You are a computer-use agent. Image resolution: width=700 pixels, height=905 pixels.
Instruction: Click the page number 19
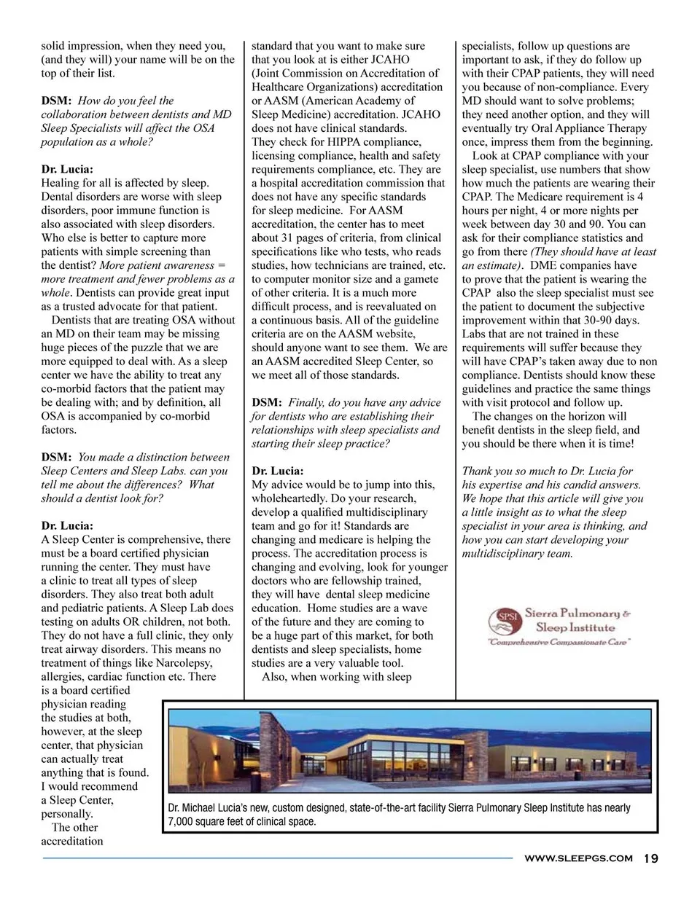click(650, 858)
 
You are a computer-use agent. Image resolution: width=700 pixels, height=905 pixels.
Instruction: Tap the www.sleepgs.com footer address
click(578, 858)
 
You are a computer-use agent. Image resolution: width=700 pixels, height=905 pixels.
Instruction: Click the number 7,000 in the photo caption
click(181, 821)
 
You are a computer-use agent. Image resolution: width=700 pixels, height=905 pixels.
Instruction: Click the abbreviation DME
click(543, 265)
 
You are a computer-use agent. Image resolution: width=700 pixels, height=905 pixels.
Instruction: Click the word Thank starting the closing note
click(478, 471)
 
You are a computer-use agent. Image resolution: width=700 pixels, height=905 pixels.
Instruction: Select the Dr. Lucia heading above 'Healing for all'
click(67, 169)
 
